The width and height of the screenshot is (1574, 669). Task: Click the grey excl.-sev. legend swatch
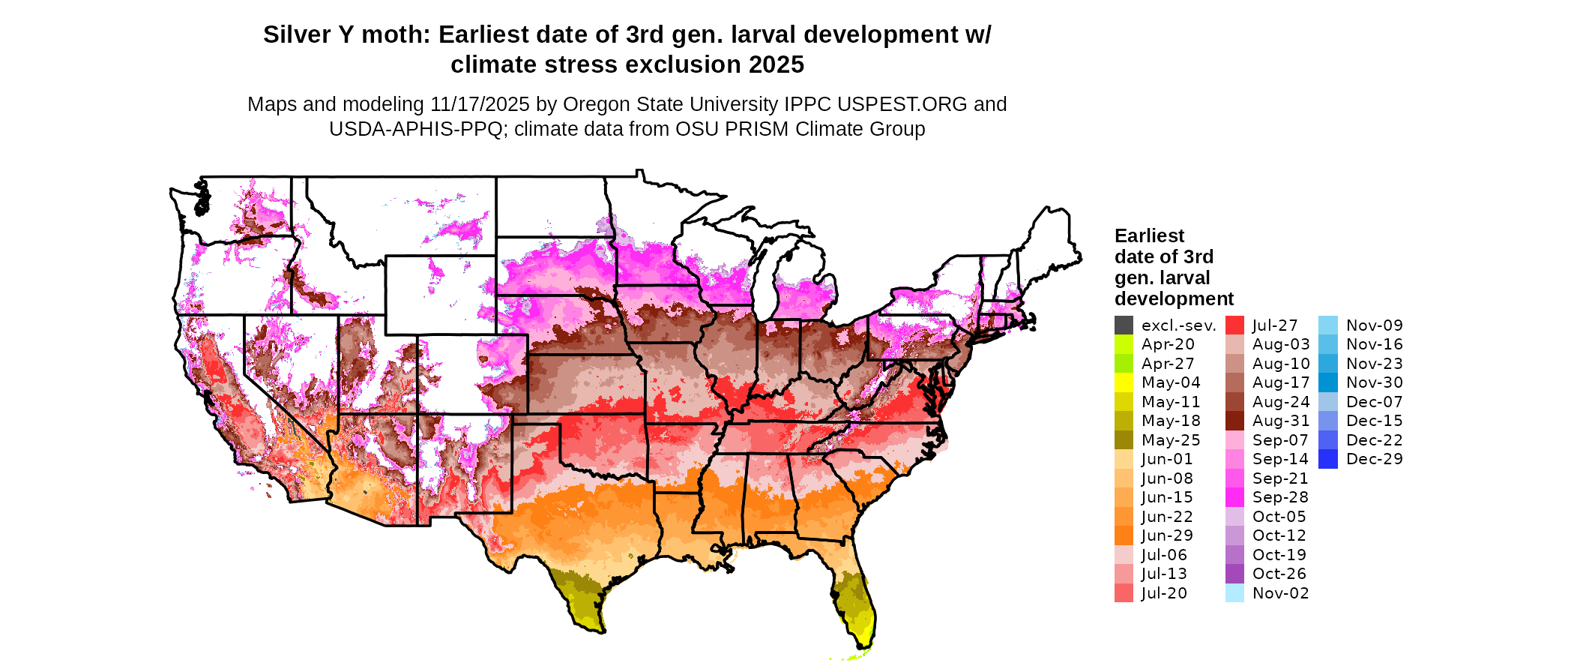[x=1124, y=325]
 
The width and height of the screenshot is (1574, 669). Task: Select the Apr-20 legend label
[x=1168, y=344]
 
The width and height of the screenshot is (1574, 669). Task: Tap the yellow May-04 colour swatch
[x=1124, y=382]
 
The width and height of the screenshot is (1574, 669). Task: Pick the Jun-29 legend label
[x=1167, y=535]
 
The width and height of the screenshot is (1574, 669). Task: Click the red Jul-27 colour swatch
[x=1234, y=325]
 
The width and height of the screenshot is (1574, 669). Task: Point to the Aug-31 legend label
[x=1281, y=421]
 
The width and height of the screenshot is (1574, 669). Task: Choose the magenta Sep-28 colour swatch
[x=1234, y=497]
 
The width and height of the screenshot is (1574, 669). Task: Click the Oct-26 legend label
[x=1279, y=574]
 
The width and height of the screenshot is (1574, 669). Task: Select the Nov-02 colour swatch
[x=1234, y=593]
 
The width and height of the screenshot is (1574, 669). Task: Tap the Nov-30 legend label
[x=1375, y=382]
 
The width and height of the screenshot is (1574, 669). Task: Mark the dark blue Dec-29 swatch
[x=1327, y=459]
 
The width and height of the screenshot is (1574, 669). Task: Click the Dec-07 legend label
[x=1375, y=402]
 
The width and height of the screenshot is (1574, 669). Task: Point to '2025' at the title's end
[x=774, y=65]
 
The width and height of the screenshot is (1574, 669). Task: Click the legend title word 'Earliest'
[x=1149, y=236]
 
